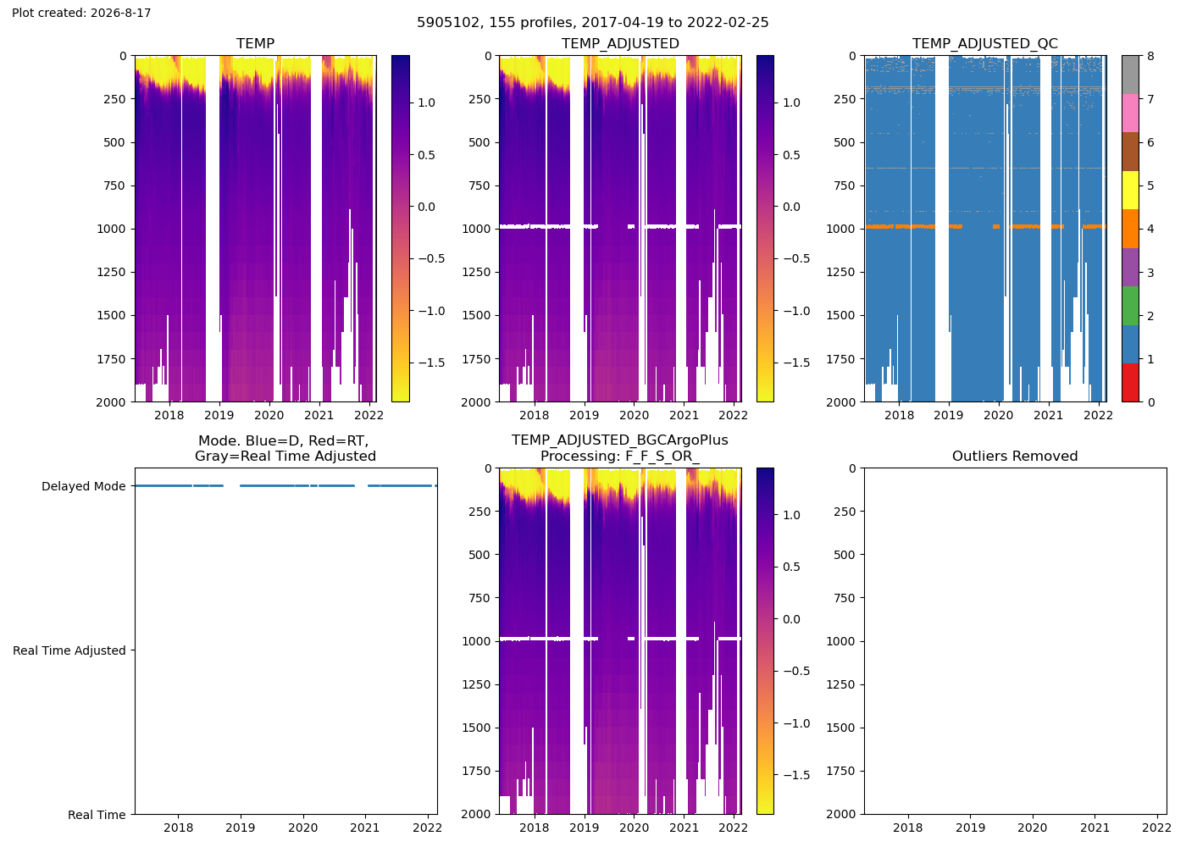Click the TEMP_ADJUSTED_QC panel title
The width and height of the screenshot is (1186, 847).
coord(984,43)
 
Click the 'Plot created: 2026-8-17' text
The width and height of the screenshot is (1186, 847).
coord(81,13)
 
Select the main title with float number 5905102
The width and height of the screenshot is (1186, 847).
coord(592,22)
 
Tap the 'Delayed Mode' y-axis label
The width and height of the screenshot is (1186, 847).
coord(84,486)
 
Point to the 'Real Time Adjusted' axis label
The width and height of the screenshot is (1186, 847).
coord(69,650)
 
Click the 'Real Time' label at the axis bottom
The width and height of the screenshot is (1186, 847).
coord(97,815)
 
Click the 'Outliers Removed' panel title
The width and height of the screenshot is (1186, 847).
coord(1015,457)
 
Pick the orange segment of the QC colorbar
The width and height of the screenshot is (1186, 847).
coord(1130,229)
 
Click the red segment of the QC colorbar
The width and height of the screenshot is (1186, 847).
coord(1130,383)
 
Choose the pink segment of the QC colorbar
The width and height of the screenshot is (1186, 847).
coord(1130,113)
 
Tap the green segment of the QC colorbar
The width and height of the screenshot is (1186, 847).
coord(1130,306)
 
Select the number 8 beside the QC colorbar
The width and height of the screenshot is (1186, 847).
coord(1150,56)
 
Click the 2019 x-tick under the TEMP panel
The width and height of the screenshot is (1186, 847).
coord(219,415)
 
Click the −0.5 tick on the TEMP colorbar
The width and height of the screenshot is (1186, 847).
coord(431,258)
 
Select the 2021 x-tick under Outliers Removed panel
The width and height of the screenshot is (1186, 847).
coord(1095,828)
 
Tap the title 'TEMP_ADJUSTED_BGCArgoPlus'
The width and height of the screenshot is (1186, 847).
coord(620,440)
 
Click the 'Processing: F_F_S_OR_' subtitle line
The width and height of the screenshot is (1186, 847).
coord(620,457)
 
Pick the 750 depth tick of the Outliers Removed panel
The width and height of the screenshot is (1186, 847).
coord(845,598)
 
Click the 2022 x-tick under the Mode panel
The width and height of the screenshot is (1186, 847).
coord(427,828)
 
